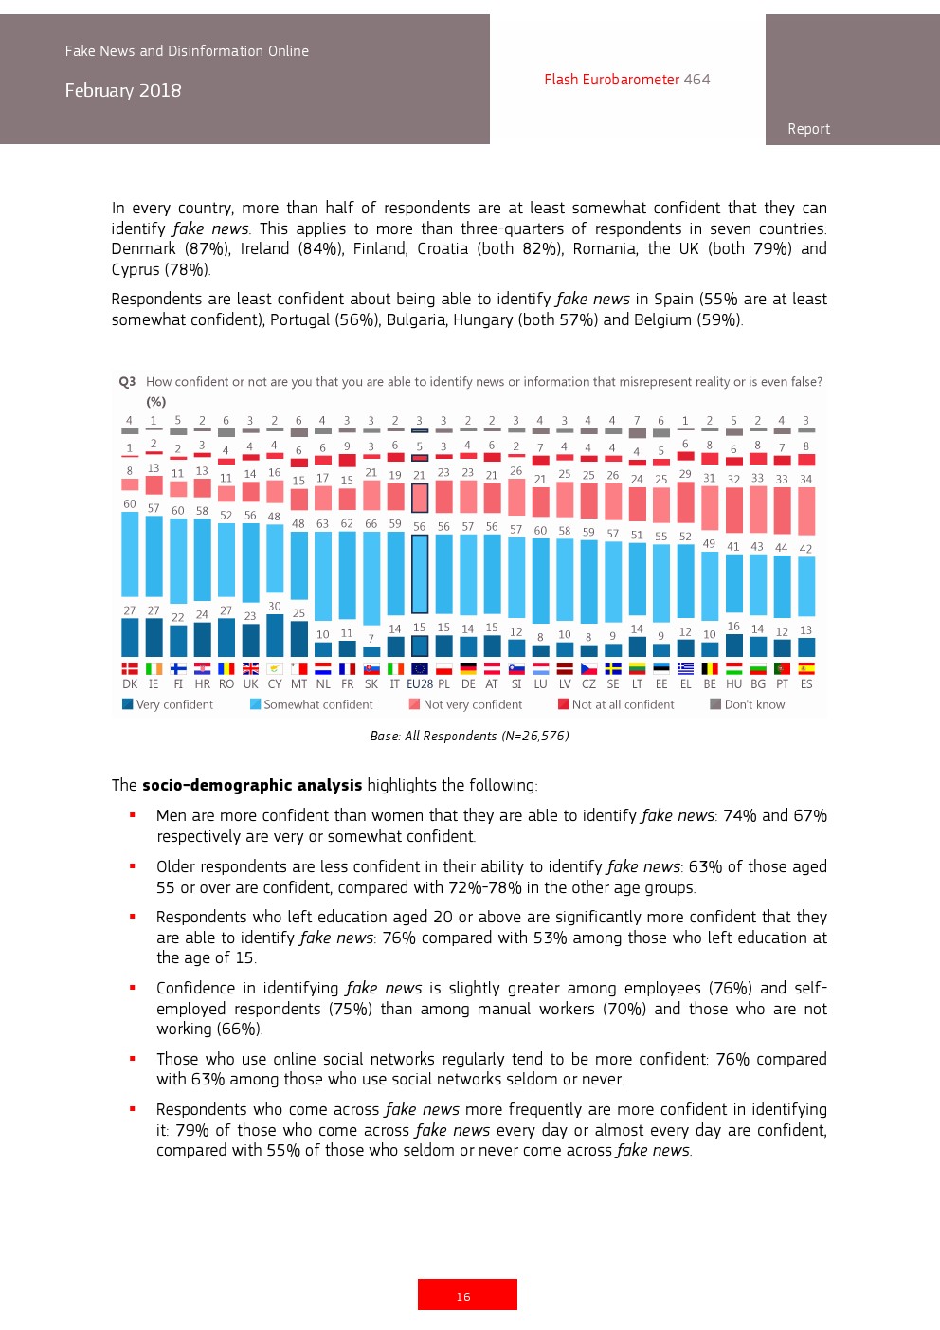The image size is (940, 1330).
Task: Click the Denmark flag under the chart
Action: pyautogui.click(x=130, y=669)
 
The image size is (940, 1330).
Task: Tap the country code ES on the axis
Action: pyautogui.click(x=806, y=684)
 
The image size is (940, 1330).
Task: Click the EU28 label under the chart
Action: pyautogui.click(x=420, y=684)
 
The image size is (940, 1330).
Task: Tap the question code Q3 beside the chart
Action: pyautogui.click(x=127, y=382)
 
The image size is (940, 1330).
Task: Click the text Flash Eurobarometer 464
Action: pyautogui.click(x=626, y=80)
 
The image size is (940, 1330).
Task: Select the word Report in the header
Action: pyautogui.click(x=808, y=129)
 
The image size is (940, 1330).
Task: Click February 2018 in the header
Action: pyautogui.click(x=123, y=91)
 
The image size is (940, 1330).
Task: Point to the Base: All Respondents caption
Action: pyautogui.click(x=469, y=737)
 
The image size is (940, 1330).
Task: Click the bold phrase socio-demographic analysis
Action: pyautogui.click(x=252, y=785)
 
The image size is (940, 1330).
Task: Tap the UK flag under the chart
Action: pyautogui.click(x=250, y=669)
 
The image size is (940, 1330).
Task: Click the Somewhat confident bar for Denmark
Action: pyautogui.click(x=130, y=555)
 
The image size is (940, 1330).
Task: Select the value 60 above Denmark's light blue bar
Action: pyautogui.click(x=130, y=504)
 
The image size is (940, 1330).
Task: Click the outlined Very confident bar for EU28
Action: pyautogui.click(x=420, y=646)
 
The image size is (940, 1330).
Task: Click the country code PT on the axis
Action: pyautogui.click(x=782, y=684)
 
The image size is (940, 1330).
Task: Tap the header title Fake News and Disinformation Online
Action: pyautogui.click(x=187, y=51)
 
